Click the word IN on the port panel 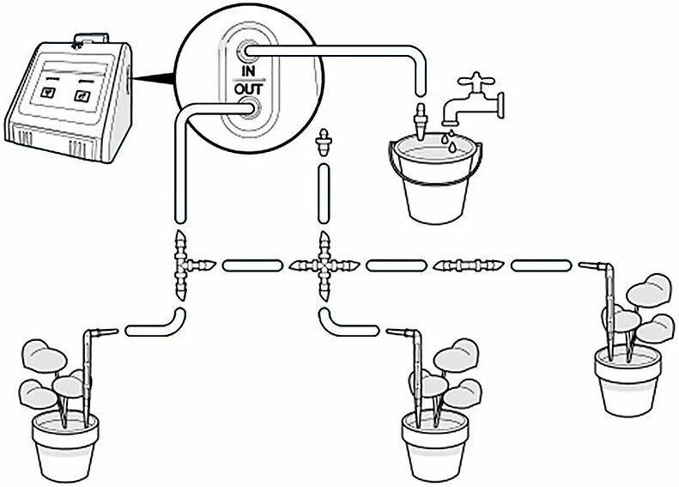pos(249,71)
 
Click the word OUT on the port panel pos(249,89)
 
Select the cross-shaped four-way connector pos(324,265)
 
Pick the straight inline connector pos(469,265)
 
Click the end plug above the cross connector pos(323,142)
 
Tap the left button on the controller pos(46,92)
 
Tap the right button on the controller pos(82,95)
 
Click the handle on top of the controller pos(90,39)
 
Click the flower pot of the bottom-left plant pos(65,447)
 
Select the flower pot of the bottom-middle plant pos(434,447)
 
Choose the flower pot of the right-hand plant pos(628,381)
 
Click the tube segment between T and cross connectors pos(252,265)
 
